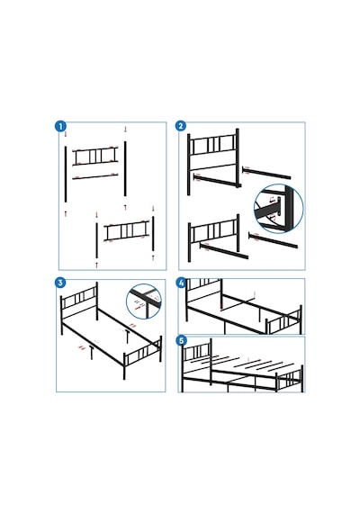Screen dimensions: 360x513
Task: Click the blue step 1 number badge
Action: point(60,126)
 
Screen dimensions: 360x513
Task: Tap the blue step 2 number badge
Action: point(181,126)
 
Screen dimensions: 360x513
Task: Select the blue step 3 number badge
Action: point(60,283)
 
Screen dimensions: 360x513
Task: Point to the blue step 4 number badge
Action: point(181,283)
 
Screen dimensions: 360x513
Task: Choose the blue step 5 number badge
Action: point(181,340)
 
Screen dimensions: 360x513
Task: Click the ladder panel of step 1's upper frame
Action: point(95,156)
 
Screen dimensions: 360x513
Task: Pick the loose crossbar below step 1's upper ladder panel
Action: point(95,176)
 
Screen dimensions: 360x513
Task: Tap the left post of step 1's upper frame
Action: point(66,174)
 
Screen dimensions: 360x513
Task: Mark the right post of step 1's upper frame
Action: point(125,168)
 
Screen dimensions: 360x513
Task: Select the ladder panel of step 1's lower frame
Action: point(127,230)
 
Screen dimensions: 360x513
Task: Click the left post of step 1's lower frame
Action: point(96,241)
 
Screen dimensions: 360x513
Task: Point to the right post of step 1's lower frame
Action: point(153,234)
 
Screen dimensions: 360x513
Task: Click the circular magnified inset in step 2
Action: point(278,209)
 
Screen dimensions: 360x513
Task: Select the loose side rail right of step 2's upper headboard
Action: point(266,173)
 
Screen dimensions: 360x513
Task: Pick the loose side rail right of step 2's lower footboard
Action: point(273,240)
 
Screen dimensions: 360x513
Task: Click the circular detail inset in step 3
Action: point(144,301)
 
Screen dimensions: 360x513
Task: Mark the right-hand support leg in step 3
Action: point(126,337)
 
